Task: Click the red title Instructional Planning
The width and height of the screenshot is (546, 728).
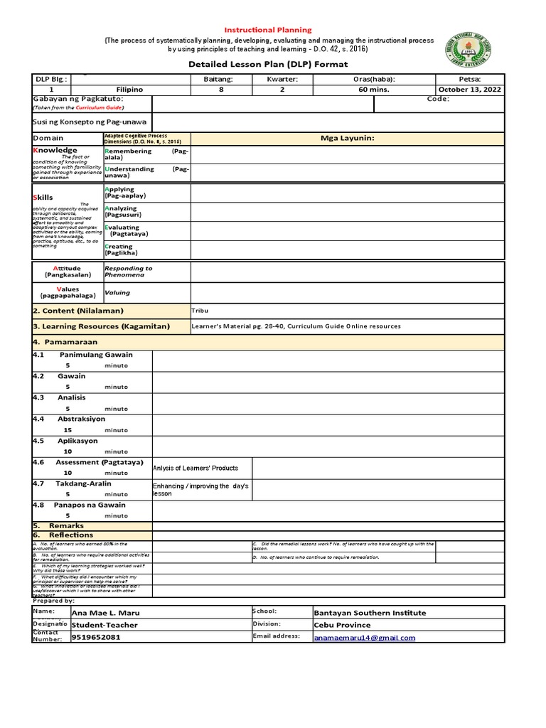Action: tap(268, 30)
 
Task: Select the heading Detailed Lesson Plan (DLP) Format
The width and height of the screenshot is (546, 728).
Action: tap(268, 64)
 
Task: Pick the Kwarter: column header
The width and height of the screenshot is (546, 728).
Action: tap(282, 79)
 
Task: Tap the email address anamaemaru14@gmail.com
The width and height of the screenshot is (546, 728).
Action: tap(364, 638)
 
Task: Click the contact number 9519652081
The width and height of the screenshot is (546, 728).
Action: tap(97, 638)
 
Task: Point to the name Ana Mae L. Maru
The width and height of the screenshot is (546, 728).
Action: tap(107, 613)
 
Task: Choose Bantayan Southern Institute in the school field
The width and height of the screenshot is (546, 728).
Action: tap(370, 613)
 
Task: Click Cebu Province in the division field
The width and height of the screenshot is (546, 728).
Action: tap(342, 625)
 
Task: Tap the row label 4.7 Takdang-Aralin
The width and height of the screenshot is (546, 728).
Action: tap(72, 483)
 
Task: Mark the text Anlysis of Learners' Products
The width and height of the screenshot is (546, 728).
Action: tap(196, 468)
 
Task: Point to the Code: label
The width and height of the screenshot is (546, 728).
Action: tap(438, 100)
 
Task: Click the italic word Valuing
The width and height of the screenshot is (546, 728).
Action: tap(117, 292)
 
